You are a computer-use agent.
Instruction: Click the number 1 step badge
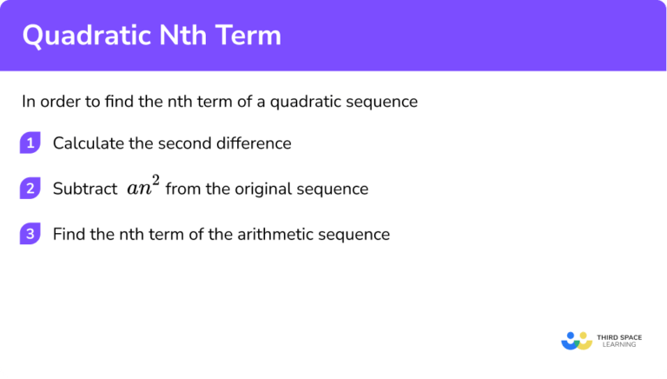point(30,143)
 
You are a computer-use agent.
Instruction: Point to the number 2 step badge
point(30,189)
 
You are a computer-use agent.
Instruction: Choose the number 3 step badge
point(30,234)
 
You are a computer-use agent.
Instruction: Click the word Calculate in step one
point(83,143)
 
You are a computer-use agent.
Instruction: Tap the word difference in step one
point(252,143)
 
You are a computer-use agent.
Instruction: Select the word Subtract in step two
point(83,189)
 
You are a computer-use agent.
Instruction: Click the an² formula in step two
point(142,187)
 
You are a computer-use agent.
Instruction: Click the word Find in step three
point(68,234)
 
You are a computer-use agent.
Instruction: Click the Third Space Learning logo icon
point(577,339)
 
